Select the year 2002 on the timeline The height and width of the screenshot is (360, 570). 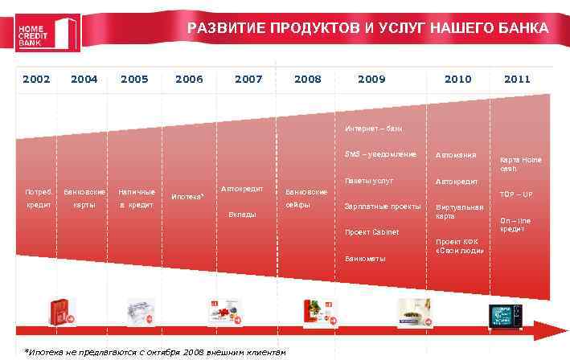[36, 80]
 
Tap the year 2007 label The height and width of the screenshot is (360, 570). [248, 80]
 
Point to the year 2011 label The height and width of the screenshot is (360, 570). [517, 80]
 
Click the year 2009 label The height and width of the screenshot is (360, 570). [371, 80]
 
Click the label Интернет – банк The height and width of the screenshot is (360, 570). [374, 129]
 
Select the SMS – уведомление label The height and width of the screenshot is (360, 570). [380, 154]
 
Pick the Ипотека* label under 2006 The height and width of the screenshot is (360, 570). [187, 197]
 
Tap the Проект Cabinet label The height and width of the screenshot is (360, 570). [371, 232]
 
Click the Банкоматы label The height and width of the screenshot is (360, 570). [365, 259]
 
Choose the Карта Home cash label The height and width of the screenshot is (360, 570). [521, 164]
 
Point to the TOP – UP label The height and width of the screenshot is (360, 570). [516, 194]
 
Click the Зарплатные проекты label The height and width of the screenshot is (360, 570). [382, 207]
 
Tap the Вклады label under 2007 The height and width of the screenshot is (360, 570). [242, 215]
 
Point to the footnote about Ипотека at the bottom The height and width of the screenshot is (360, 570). [154, 352]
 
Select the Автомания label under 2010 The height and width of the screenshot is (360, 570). [456, 155]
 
